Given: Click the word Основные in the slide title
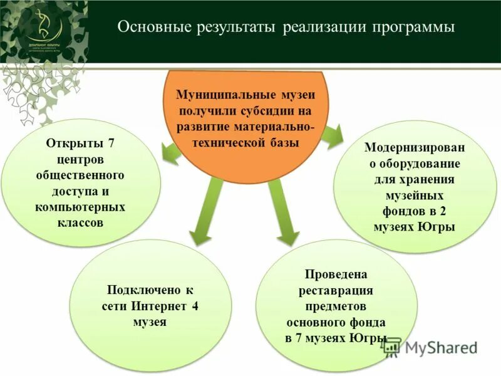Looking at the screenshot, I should point(150,28).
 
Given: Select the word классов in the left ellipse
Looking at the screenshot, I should point(83,222).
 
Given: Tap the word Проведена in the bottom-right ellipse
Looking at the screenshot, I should point(335,274).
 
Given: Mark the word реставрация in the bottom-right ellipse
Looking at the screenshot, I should point(336,291).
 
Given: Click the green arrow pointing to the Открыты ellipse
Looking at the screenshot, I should point(170,151).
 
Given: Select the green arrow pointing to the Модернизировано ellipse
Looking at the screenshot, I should point(331,133).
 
